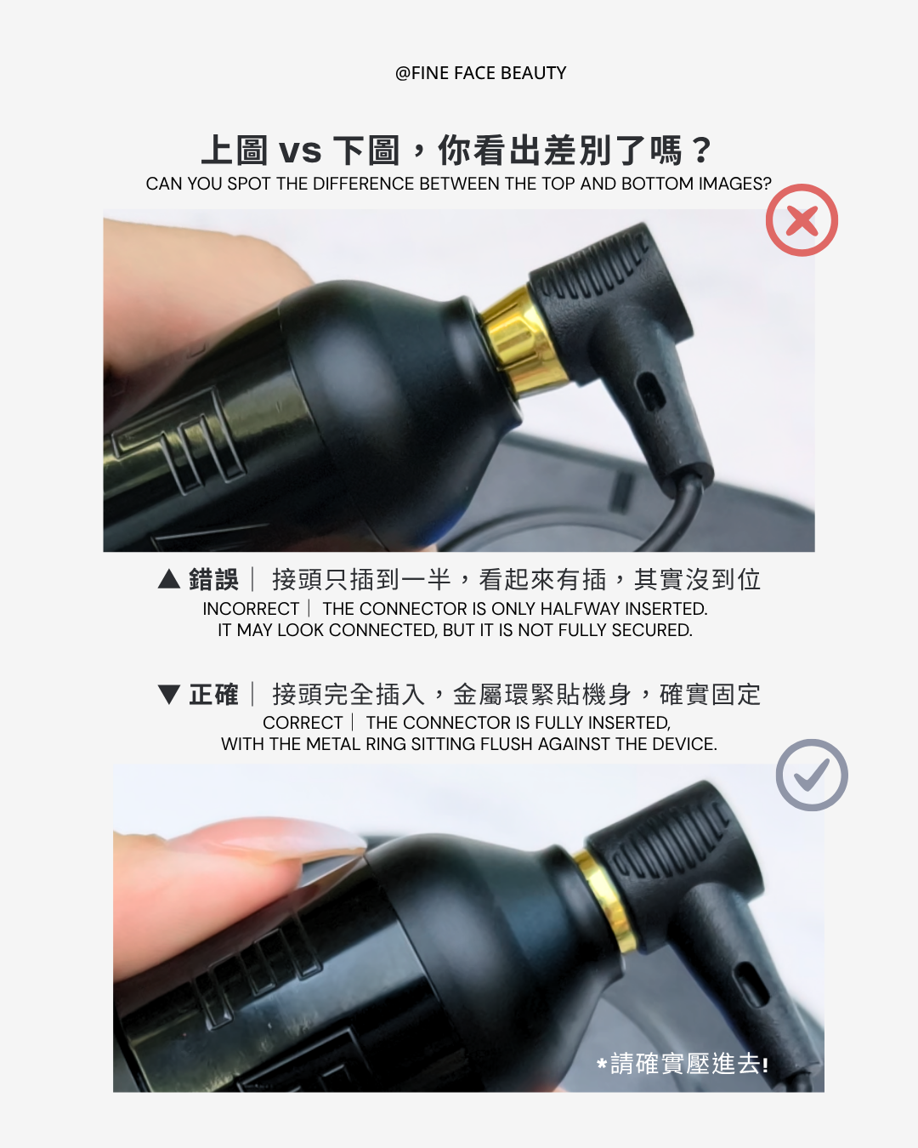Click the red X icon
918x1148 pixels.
(x=802, y=220)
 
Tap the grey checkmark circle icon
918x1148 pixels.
(x=811, y=776)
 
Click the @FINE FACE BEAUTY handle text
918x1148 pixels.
(x=480, y=73)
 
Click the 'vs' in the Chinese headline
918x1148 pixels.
(x=300, y=151)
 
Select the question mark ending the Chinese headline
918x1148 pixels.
(x=701, y=150)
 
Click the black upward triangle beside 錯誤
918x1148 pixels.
(x=169, y=579)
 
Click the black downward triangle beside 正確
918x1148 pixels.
(x=169, y=695)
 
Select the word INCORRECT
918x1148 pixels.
(x=251, y=609)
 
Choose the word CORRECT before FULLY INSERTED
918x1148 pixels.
(x=303, y=723)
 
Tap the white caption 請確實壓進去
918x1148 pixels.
(x=683, y=1064)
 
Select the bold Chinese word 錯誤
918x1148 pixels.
(x=213, y=579)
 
